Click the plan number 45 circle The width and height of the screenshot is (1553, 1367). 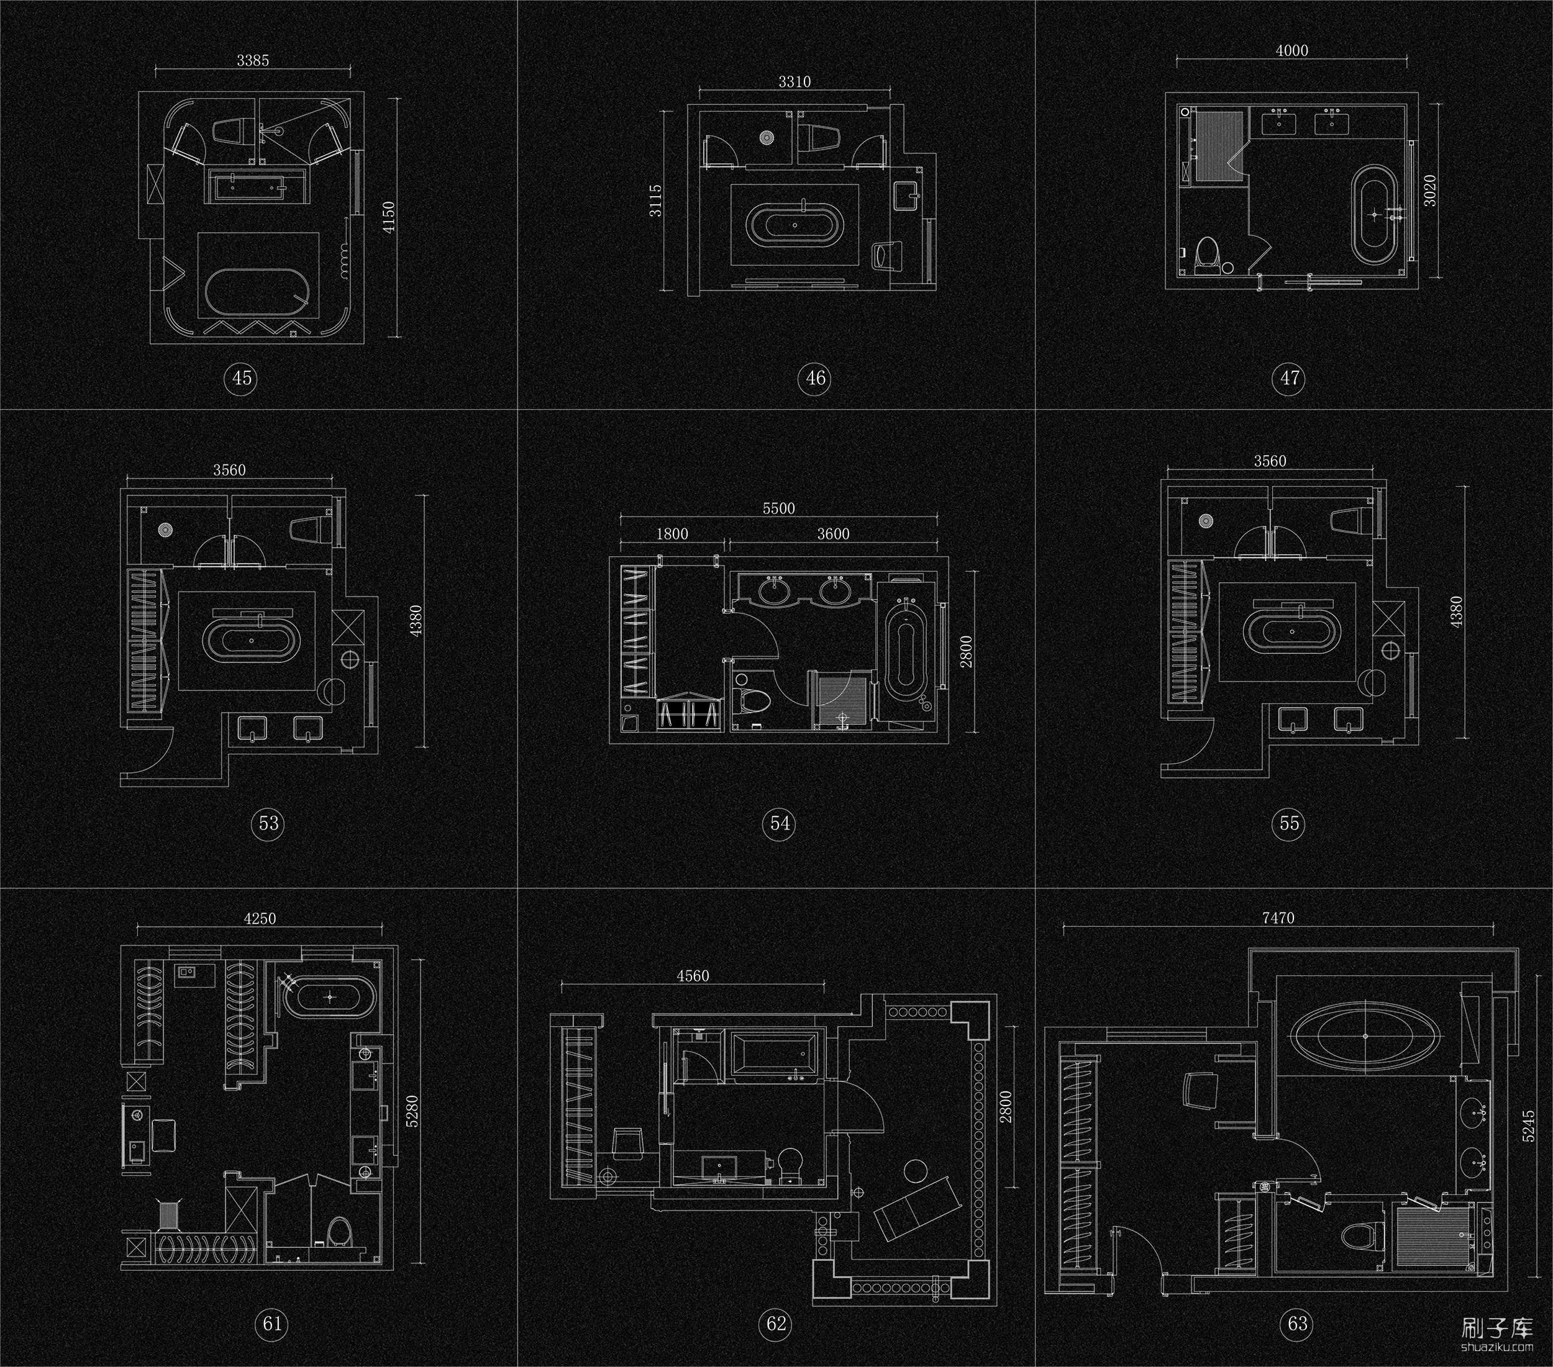(242, 377)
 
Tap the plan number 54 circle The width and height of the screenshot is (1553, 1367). (780, 823)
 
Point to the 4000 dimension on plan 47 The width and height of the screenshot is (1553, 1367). (1291, 51)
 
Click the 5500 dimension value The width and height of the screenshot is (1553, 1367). (779, 509)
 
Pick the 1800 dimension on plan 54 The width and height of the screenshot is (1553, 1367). (672, 534)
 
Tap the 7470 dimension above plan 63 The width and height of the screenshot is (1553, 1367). (1278, 918)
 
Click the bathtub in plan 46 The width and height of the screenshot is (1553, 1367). (795, 225)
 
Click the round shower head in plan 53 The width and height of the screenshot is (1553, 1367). (166, 530)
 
